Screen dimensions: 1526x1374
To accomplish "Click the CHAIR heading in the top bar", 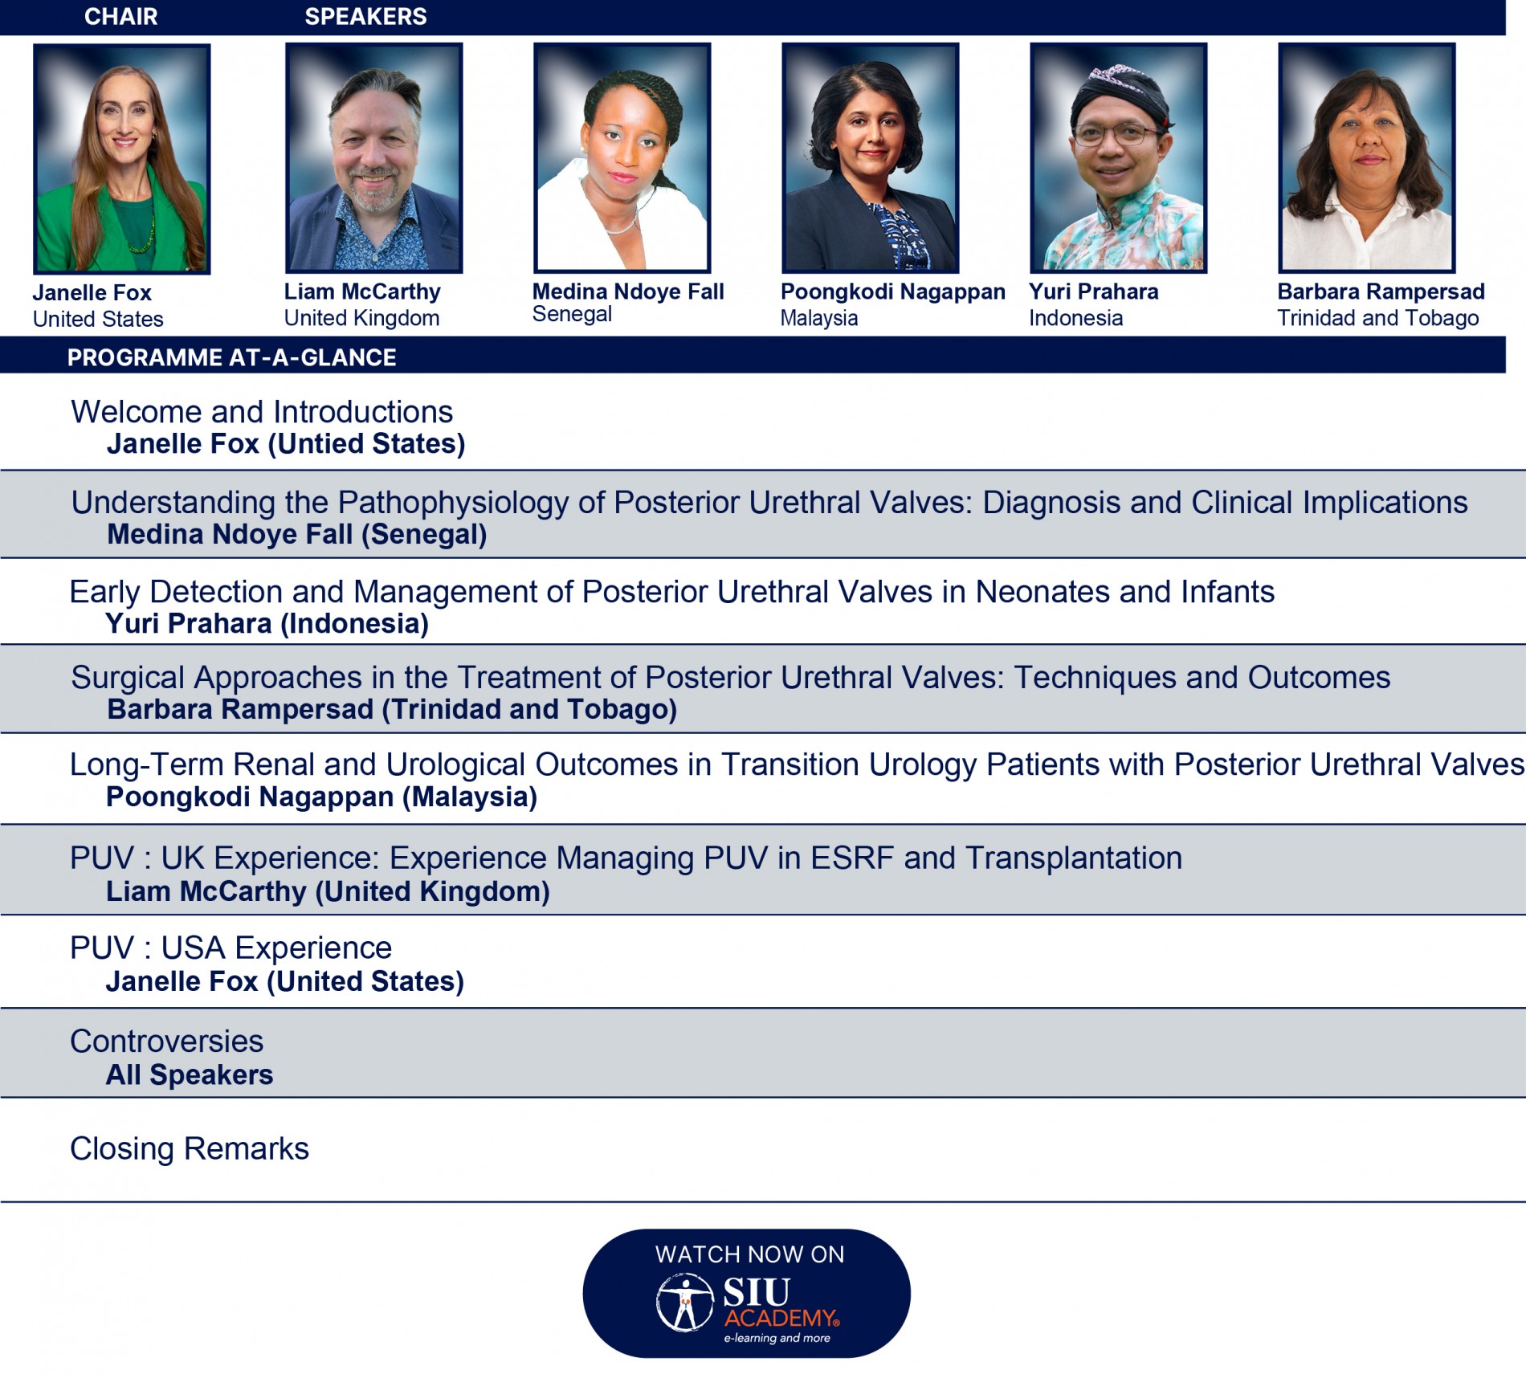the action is [120, 16].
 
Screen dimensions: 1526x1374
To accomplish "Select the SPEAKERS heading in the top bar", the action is [365, 16].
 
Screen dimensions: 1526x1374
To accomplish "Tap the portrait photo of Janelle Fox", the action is [122, 159].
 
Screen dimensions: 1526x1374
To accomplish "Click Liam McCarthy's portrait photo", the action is [374, 158].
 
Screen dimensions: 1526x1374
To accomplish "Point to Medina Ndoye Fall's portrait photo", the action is [622, 158].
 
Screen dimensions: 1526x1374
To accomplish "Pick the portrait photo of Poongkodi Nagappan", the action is [871, 158].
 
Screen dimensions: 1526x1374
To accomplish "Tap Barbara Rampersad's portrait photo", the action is [1367, 158].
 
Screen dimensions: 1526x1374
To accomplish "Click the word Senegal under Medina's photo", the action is [572, 314].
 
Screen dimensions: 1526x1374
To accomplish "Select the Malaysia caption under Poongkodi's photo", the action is [819, 318].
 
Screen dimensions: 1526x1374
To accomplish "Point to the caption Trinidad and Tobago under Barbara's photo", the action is [1378, 318].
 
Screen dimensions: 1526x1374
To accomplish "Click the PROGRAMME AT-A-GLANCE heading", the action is [231, 357].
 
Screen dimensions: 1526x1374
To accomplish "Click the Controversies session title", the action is [166, 1042].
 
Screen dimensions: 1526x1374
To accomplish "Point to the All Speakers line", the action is [190, 1075].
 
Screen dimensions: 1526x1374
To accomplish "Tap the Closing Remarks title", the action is [190, 1149].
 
